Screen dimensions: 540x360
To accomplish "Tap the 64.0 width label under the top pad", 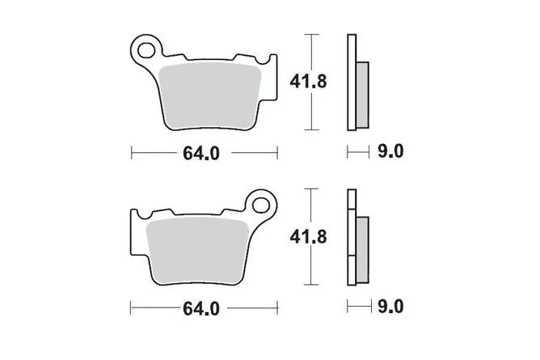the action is pos(201,153).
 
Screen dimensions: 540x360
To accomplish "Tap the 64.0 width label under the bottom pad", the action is pos(201,309).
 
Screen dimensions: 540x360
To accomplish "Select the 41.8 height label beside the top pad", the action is pos(308,82).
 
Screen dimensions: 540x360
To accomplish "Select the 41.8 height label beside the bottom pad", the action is pos(308,237).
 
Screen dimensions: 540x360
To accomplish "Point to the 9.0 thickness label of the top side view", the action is pos(390,151).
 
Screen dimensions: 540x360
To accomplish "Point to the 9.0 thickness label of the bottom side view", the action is pos(390,307).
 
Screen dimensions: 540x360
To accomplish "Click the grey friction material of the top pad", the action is pos(210,96).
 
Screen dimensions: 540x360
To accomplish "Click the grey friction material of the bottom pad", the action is pos(197,252).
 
